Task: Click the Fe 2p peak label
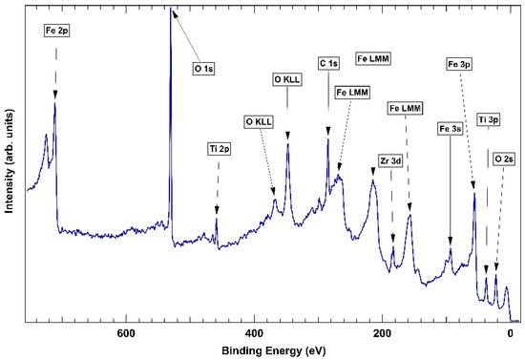pos(55,32)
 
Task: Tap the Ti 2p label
pos(217,148)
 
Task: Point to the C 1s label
pos(328,63)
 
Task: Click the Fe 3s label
pos(450,127)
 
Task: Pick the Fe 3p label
pos(458,63)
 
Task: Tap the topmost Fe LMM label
pos(375,58)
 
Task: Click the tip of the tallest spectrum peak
pos(171,10)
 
